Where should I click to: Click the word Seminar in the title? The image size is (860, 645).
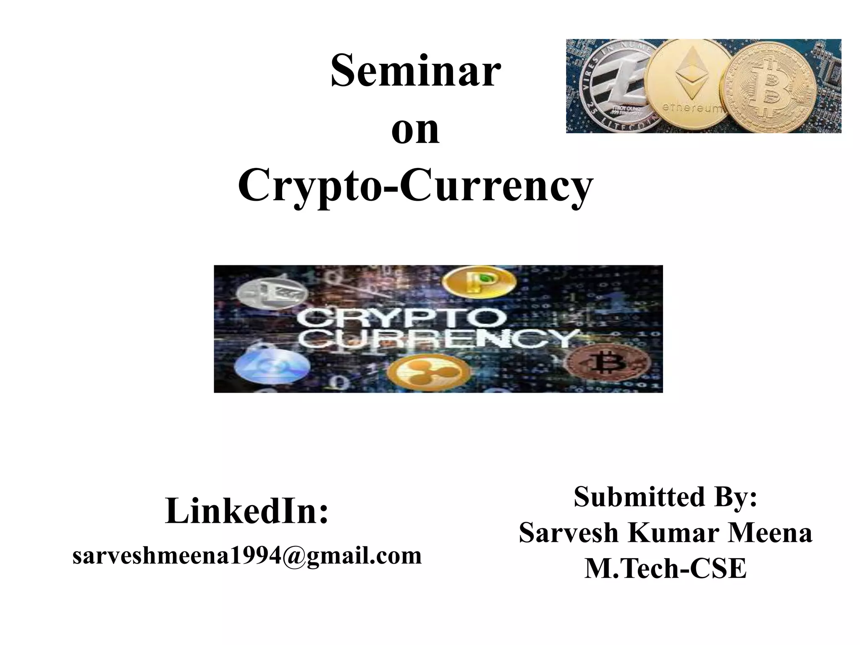pos(416,71)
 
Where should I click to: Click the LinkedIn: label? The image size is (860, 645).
pos(246,511)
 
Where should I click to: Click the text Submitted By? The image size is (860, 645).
pos(666,497)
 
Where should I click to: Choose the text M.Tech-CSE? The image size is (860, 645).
pos(666,569)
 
